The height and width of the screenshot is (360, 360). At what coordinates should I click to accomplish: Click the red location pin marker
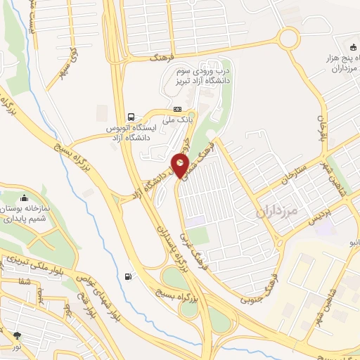[181, 166]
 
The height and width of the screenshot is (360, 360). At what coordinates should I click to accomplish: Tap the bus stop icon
[130, 117]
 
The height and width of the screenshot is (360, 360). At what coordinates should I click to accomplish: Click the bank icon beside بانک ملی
[177, 109]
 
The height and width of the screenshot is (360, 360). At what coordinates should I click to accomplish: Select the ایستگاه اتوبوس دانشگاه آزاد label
[130, 131]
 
